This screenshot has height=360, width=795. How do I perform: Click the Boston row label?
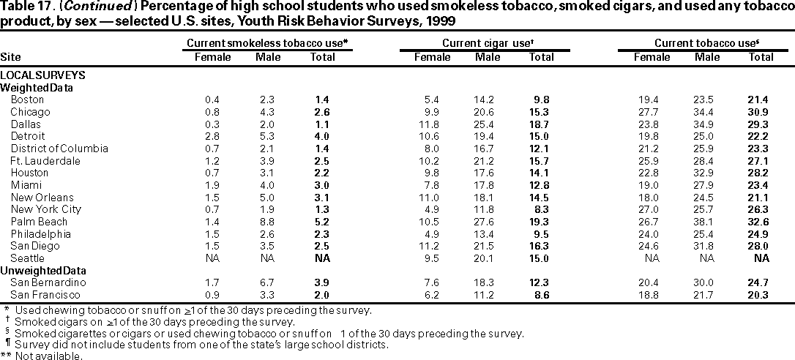coord(27,100)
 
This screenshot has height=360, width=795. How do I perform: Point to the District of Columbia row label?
coord(59,149)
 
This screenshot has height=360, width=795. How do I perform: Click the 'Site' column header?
coord(10,57)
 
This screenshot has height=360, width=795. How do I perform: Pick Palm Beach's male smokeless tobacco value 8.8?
coord(268,222)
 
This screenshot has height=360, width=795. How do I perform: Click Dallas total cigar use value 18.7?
coord(542,124)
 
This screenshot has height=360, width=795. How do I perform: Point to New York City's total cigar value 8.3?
coord(544,209)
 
